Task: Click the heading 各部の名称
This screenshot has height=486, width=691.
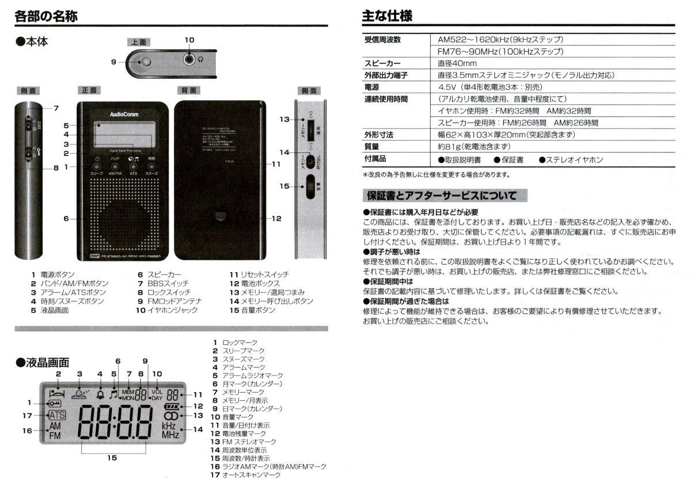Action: tap(45, 16)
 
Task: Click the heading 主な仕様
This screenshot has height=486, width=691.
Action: tap(387, 16)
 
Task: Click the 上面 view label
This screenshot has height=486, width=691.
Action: tap(139, 42)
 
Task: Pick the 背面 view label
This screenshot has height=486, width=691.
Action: tap(188, 90)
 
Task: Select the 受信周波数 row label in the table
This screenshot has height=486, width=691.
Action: tap(382, 40)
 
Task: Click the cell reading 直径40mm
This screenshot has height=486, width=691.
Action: tap(457, 63)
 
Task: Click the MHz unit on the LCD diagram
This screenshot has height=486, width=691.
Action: tap(170, 435)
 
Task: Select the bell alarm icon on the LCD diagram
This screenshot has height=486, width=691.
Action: tap(100, 394)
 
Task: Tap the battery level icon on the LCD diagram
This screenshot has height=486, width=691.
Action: tap(170, 406)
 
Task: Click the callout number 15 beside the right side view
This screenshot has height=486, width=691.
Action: tap(284, 186)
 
